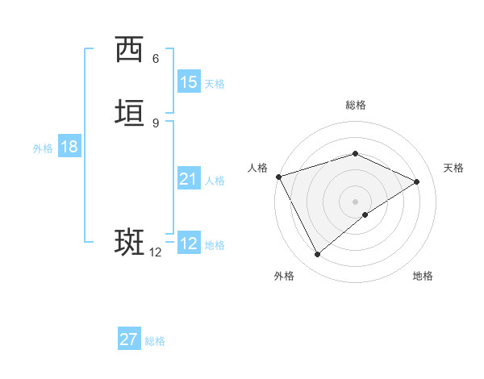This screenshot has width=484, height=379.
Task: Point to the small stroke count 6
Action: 156,59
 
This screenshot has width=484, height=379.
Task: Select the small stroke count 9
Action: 156,123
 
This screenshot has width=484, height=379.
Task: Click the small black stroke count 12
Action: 155,252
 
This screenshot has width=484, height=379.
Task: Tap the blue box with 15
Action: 188,82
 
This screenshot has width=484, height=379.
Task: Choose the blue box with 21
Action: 188,179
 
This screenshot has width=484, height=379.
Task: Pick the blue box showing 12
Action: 188,244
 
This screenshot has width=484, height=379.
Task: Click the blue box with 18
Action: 69,147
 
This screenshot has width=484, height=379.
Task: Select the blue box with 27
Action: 128,339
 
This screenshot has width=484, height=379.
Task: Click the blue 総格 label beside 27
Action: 155,341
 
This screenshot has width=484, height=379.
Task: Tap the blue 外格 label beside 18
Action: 43,148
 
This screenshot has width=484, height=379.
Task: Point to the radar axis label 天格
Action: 453,168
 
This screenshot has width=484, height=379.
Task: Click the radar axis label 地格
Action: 423,276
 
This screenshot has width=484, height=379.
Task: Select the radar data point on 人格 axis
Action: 278,177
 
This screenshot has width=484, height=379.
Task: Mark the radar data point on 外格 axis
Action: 317,255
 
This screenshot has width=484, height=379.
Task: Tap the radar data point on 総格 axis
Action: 355,153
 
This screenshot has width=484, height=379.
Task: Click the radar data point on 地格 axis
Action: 365,214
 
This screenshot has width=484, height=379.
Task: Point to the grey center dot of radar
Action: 355,201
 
